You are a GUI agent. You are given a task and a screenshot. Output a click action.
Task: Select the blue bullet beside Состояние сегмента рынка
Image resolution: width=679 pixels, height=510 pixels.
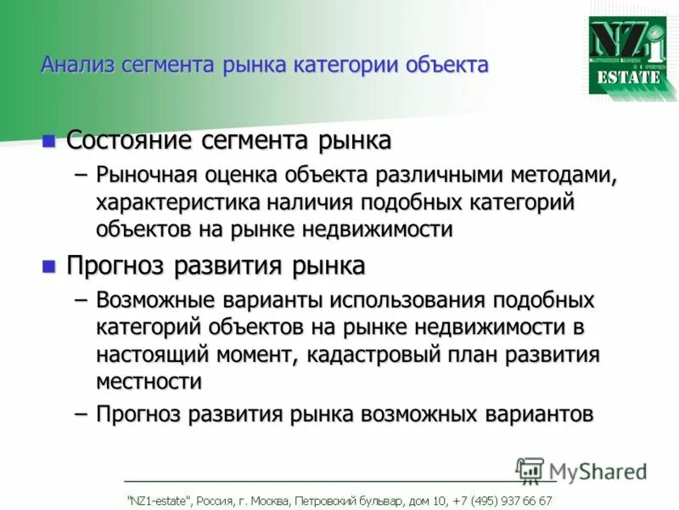pyautogui.click(x=49, y=139)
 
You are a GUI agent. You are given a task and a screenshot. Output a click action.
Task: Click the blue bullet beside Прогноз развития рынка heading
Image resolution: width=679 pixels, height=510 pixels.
pyautogui.click(x=49, y=266)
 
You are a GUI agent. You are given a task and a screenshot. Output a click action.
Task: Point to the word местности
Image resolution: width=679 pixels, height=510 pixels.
pyautogui.click(x=149, y=382)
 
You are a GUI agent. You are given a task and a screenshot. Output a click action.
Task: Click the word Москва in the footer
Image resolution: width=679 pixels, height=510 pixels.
pyautogui.click(x=265, y=501)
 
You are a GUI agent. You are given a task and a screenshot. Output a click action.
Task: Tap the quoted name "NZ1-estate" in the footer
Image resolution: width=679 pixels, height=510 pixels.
pyautogui.click(x=159, y=501)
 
